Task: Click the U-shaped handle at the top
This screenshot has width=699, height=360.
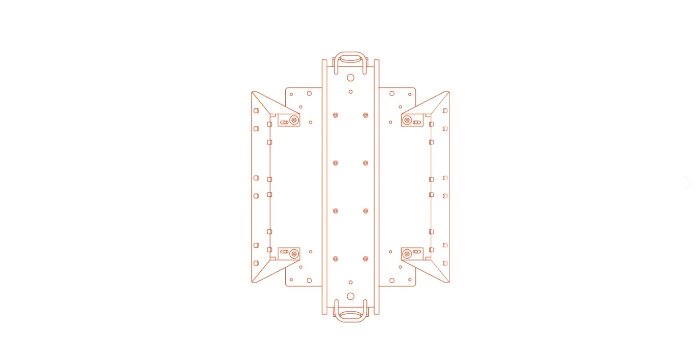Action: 350,54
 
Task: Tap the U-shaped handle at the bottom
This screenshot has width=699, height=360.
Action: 350,319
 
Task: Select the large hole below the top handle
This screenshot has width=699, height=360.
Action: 350,78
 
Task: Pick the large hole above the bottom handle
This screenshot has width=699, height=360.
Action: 350,296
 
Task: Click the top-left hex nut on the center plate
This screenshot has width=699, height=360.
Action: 336,115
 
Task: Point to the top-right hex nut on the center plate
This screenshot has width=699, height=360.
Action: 366,115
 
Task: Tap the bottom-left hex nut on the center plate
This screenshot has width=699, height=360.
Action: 336,259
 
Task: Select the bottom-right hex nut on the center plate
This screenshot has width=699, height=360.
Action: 366,259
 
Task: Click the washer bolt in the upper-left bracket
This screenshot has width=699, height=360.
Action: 294,120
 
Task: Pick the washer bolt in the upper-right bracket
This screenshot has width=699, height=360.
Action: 407,120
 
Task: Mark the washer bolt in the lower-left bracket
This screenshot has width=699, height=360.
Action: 294,254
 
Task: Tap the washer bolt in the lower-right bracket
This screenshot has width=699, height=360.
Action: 407,254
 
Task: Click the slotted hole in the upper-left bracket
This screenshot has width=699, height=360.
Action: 284,122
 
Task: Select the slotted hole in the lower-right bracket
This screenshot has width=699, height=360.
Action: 417,252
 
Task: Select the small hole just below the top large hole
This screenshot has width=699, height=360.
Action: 350,92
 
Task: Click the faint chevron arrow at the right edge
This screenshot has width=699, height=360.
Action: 687,183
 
